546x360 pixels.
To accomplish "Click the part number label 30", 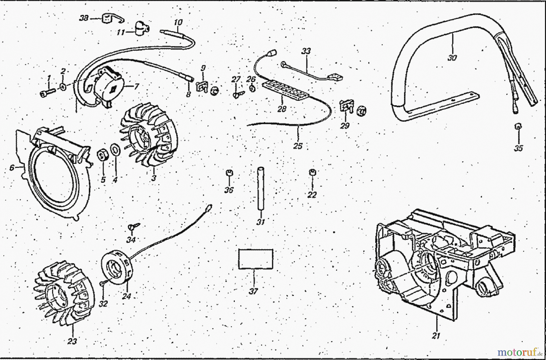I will coord(452,57).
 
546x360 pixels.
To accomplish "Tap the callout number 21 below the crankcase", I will coord(436,336).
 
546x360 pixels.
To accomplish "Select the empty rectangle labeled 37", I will coord(255,259).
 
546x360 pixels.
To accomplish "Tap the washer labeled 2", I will coord(63,87).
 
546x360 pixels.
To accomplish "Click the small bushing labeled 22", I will coord(312,172).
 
